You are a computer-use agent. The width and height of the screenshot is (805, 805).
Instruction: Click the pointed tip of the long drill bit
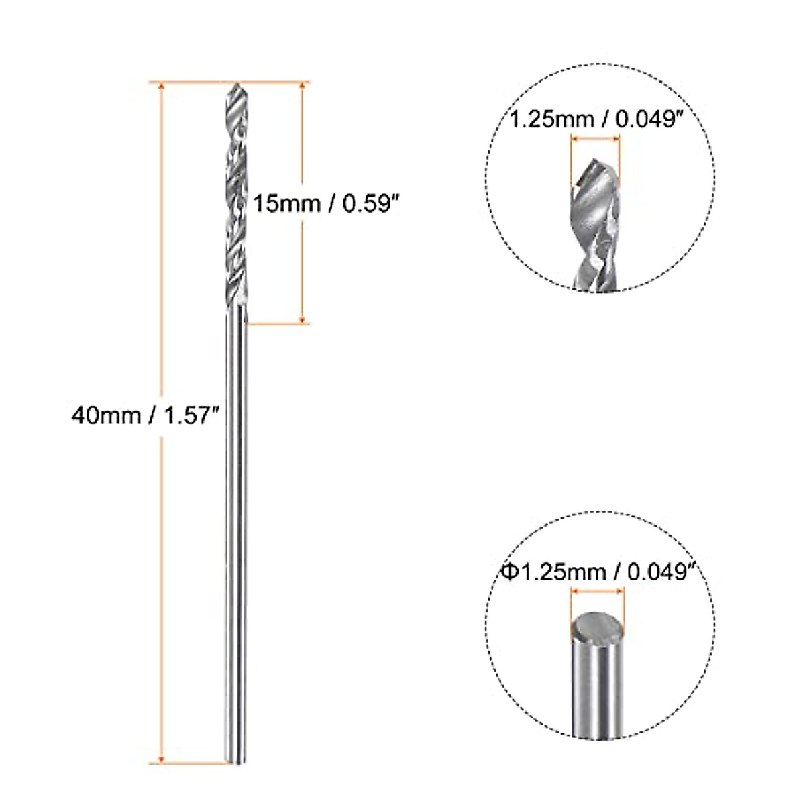[237, 85]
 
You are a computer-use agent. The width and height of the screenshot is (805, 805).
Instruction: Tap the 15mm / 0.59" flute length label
[321, 203]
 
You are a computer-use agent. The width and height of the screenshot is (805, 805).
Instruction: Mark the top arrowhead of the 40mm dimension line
[160, 87]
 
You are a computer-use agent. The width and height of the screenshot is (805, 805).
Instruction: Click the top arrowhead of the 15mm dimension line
[303, 87]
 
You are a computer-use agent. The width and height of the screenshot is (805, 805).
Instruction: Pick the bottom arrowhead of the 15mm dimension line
[303, 321]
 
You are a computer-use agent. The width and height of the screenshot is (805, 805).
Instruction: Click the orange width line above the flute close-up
[595, 140]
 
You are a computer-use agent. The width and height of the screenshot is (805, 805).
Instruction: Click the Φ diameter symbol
[508, 572]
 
